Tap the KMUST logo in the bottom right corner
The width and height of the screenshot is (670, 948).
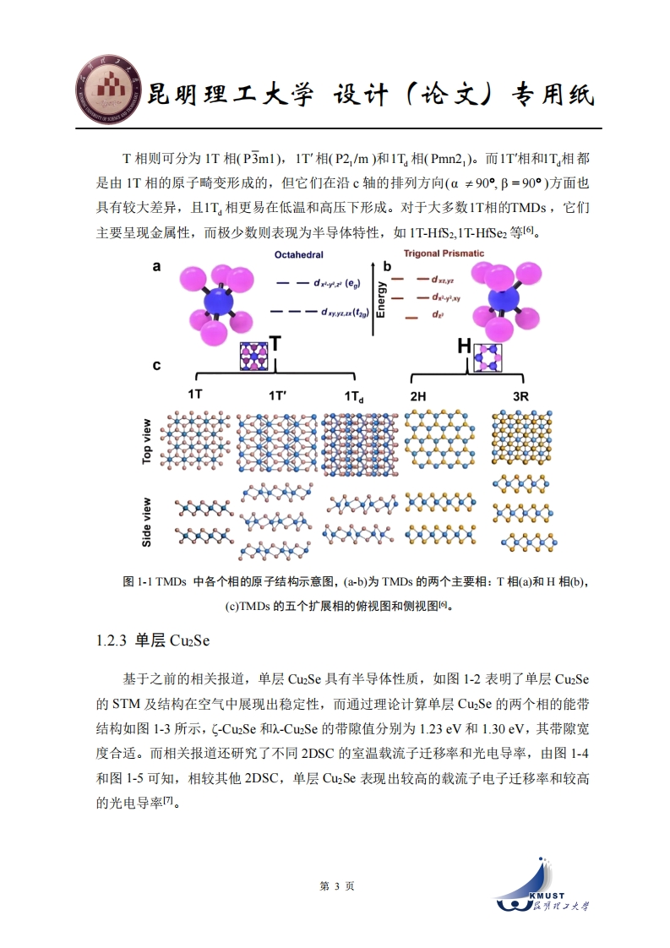(542, 883)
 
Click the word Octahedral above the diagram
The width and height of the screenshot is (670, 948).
(299, 254)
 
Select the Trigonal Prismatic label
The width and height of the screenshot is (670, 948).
(444, 253)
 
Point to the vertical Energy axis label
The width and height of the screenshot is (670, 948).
(381, 299)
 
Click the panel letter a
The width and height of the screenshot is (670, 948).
(156, 267)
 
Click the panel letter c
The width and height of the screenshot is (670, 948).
(156, 365)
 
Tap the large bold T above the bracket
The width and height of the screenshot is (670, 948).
(275, 344)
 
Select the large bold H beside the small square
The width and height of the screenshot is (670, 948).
(465, 346)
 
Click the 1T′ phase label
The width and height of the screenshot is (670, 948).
(278, 396)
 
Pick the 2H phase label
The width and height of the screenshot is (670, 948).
(418, 396)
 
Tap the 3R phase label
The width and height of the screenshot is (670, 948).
(520, 396)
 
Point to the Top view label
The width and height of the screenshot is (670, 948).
(146, 442)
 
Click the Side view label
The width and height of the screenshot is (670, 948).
(146, 522)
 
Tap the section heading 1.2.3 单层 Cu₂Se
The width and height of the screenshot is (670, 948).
(153, 640)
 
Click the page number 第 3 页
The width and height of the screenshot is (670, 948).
(337, 886)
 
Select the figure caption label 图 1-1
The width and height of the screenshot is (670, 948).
(137, 581)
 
